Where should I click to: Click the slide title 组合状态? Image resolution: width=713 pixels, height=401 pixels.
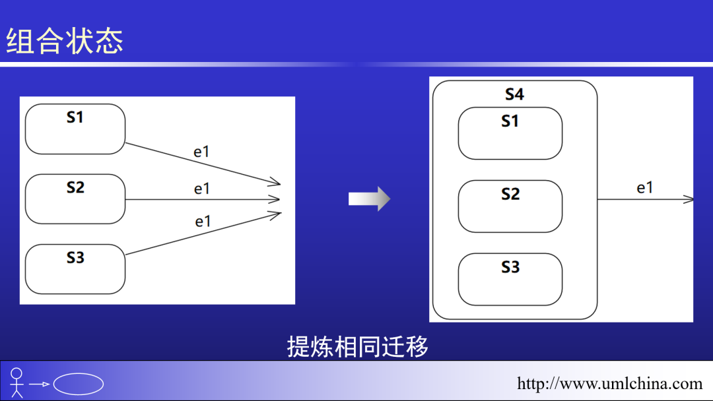(x=65, y=41)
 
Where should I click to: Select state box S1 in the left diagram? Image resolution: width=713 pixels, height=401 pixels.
(x=75, y=129)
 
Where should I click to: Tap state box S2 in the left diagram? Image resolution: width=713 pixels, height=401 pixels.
(x=75, y=199)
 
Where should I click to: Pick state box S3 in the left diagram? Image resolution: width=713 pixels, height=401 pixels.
(x=75, y=269)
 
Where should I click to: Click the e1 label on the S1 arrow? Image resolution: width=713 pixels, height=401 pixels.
(x=201, y=152)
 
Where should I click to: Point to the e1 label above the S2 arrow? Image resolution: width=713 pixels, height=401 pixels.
(x=201, y=189)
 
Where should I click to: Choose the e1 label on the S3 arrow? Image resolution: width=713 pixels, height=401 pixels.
(x=203, y=222)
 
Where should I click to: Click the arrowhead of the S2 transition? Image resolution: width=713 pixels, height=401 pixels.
(x=276, y=199)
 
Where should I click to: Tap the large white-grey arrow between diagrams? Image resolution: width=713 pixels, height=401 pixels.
(x=369, y=199)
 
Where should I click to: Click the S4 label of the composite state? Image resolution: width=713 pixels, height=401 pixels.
(x=514, y=94)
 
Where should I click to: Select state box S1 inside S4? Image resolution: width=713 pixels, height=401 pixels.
(x=510, y=134)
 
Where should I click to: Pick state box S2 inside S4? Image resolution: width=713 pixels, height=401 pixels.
(x=510, y=206)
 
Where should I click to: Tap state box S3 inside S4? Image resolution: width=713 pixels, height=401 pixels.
(x=510, y=279)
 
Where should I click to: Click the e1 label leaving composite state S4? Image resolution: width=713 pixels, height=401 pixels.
(x=644, y=188)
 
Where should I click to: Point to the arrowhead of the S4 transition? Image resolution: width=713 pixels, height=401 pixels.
(x=689, y=199)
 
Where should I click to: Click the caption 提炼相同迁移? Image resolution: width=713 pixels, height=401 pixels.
(x=357, y=346)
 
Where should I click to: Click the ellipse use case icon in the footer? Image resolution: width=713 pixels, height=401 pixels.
(x=79, y=384)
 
